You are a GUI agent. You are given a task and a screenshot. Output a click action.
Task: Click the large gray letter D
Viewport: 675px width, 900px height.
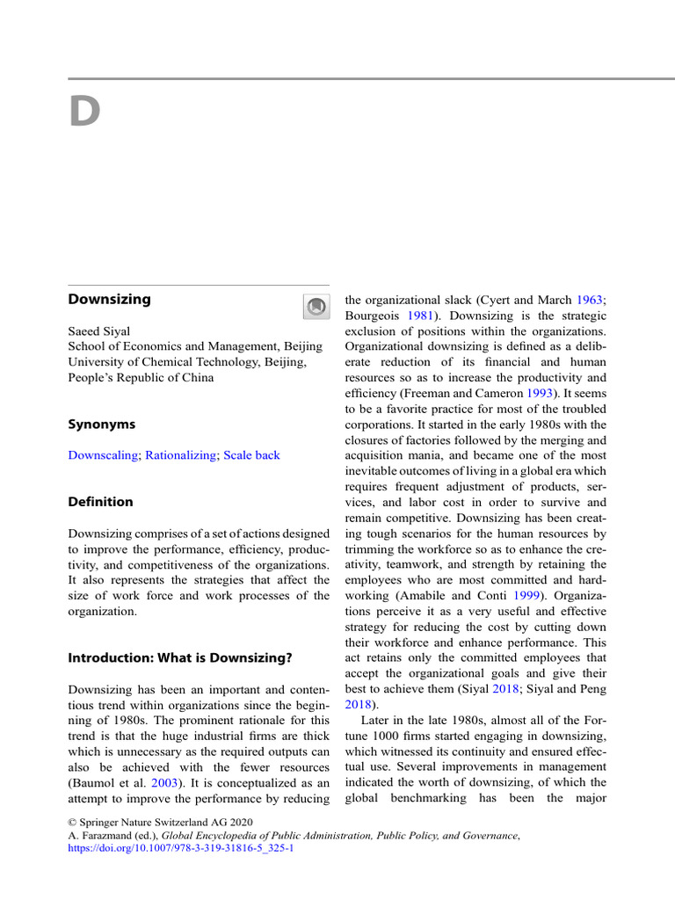(x=85, y=112)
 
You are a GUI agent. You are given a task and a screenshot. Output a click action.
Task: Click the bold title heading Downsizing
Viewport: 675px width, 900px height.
(x=109, y=299)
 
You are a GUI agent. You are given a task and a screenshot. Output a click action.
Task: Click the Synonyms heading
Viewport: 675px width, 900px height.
(x=101, y=424)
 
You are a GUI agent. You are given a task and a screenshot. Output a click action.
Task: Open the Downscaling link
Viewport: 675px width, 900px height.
(x=103, y=455)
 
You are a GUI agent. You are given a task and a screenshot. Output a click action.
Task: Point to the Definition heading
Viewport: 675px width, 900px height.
(x=100, y=502)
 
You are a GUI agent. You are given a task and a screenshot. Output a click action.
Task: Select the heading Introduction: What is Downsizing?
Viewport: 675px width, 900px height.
(x=180, y=657)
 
